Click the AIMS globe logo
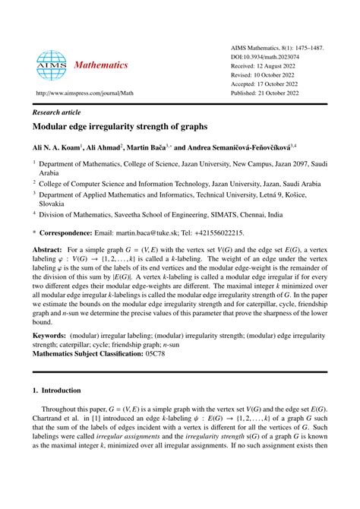[x=52, y=66]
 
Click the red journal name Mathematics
[x=101, y=65]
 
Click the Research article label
[x=58, y=110]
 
